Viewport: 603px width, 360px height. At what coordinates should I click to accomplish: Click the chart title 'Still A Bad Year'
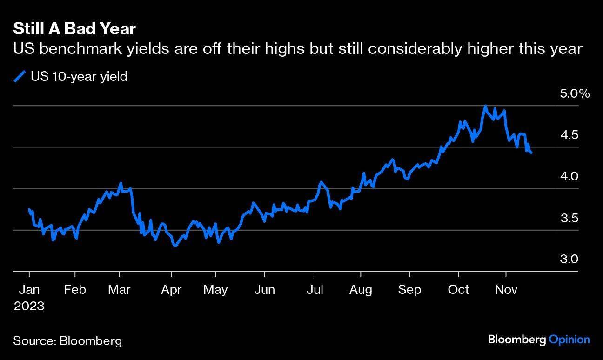click(x=74, y=29)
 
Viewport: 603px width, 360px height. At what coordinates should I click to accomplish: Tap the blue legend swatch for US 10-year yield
click(x=20, y=76)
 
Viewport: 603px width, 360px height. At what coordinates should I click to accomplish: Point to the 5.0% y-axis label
click(x=575, y=94)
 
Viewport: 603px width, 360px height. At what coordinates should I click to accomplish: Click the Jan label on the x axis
click(x=29, y=290)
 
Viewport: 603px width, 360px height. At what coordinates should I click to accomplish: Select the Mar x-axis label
click(x=119, y=290)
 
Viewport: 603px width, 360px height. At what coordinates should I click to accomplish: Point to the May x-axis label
click(x=215, y=290)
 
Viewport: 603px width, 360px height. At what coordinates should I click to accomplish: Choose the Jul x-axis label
click(x=315, y=290)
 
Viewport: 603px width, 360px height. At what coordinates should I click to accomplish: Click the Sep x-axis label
click(x=409, y=290)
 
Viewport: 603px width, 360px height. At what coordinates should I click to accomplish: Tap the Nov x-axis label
click(x=506, y=290)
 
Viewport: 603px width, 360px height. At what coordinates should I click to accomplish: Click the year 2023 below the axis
click(x=29, y=306)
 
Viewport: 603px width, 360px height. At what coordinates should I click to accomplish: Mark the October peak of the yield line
click(x=485, y=106)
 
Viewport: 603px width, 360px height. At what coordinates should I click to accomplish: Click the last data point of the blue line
click(x=531, y=153)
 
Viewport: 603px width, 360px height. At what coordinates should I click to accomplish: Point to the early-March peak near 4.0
click(x=121, y=183)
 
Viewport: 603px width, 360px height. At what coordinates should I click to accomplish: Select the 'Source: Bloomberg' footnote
click(x=67, y=340)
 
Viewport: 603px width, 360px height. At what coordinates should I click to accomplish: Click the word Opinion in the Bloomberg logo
click(x=569, y=340)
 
